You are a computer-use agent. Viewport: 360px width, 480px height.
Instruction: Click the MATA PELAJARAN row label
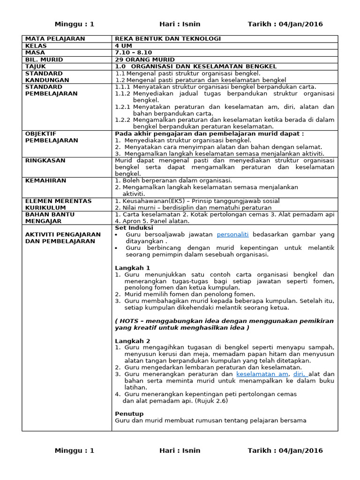pos(55,39)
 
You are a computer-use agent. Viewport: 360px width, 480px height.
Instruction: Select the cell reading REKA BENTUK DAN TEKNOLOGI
pos(168,39)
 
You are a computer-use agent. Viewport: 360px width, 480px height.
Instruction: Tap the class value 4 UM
pos(124,46)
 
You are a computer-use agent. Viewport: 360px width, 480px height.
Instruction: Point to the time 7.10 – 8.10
pos(133,53)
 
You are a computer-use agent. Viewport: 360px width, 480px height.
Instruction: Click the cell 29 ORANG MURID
pos(145,60)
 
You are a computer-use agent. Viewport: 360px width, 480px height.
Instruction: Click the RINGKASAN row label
pos(45,161)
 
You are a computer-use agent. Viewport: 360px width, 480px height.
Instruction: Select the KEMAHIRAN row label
pos(45,181)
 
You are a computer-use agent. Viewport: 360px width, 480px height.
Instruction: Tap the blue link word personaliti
pos(232,234)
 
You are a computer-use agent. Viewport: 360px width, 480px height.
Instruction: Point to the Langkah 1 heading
pos(133,268)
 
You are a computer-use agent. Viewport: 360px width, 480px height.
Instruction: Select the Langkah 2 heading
pos(133,341)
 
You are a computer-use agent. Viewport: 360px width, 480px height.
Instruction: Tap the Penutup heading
pos(129,414)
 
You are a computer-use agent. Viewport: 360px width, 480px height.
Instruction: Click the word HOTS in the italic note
pos(129,321)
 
